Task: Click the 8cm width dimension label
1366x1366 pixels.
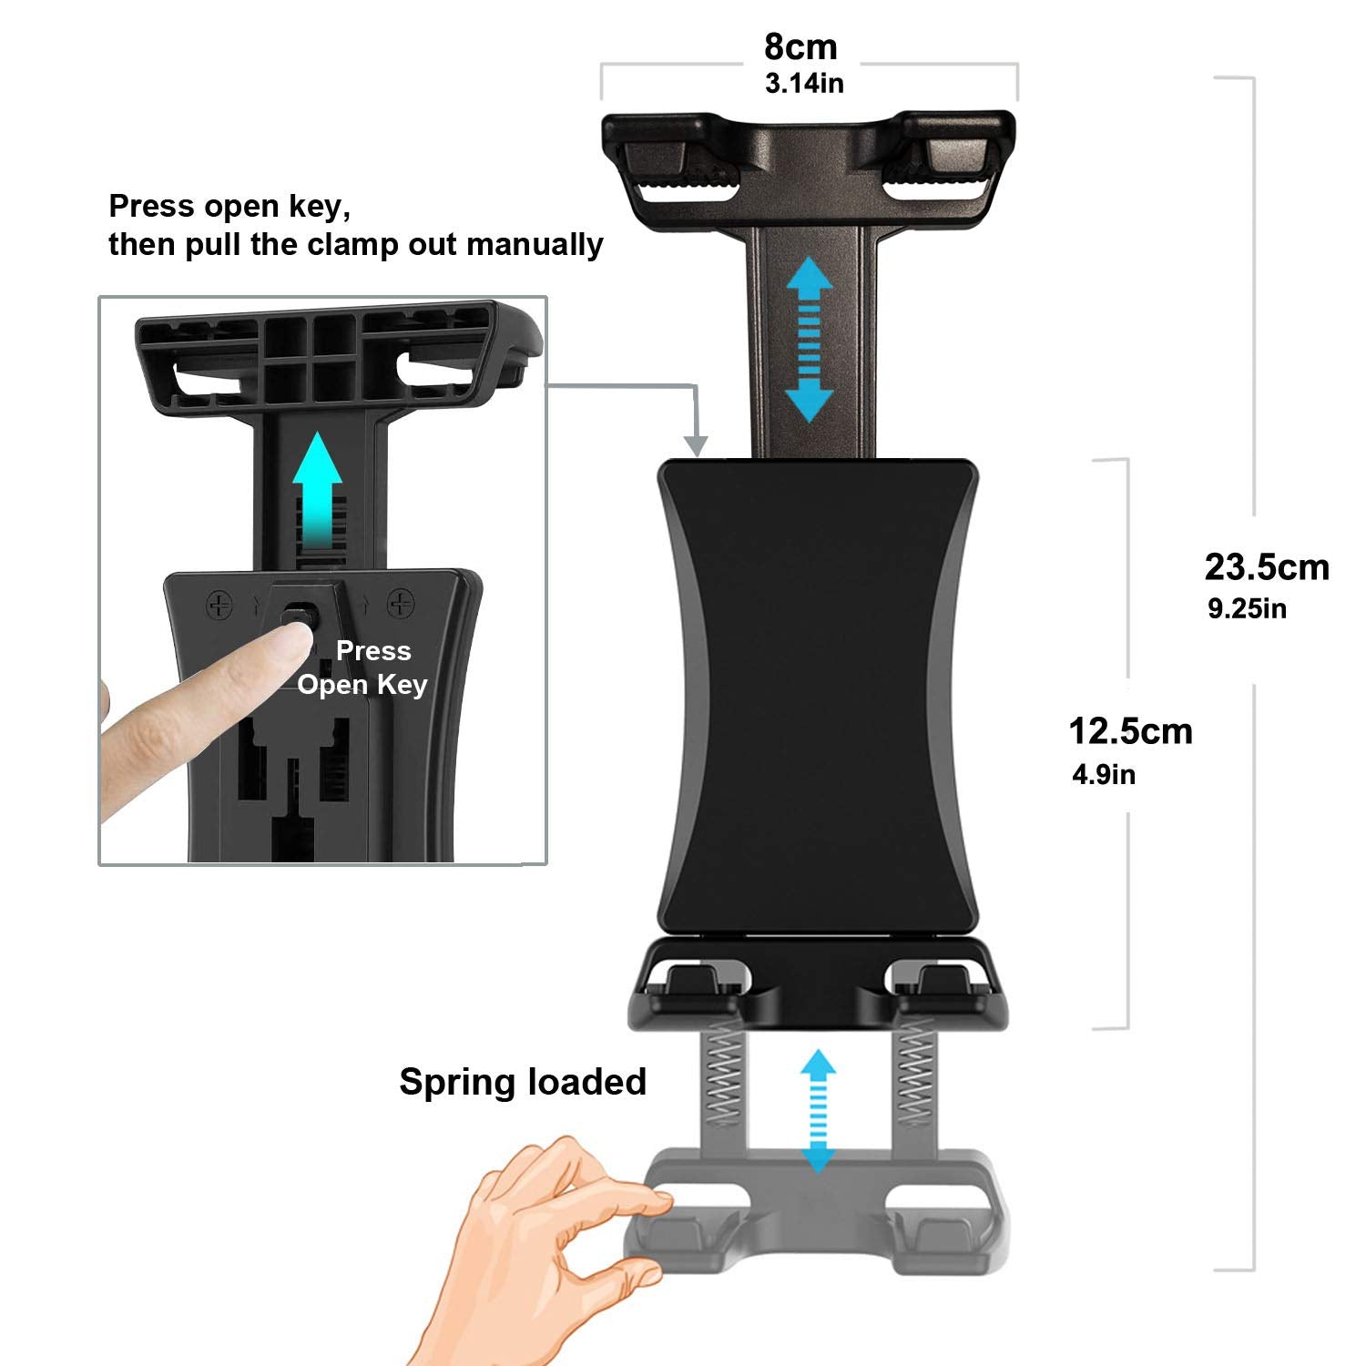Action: (x=800, y=46)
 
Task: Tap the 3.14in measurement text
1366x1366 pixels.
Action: (x=804, y=84)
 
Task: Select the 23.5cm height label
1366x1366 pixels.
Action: (x=1267, y=567)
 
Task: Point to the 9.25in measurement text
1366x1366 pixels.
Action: (x=1247, y=608)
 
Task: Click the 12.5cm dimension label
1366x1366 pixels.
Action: (x=1130, y=731)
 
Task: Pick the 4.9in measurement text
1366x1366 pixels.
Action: (x=1104, y=775)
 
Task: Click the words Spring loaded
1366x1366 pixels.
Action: (x=523, y=1082)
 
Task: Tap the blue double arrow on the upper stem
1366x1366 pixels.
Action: (x=810, y=339)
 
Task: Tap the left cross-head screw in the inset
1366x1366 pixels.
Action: (x=219, y=604)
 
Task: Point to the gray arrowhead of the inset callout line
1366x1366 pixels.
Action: (x=697, y=446)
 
